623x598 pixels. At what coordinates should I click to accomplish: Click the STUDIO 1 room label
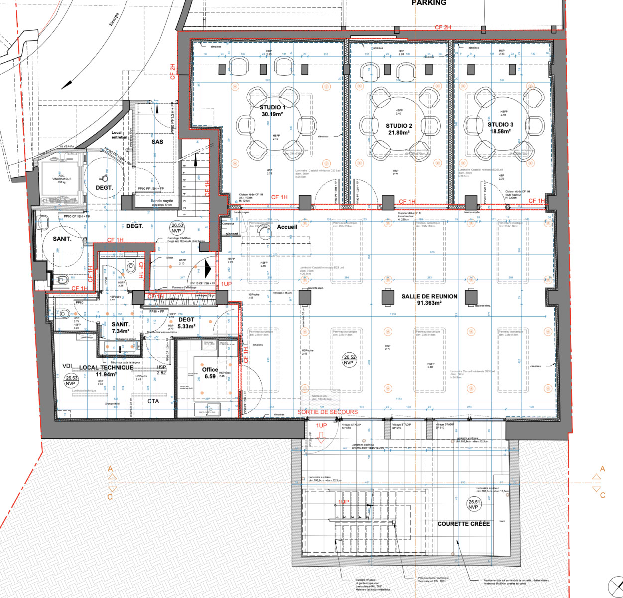(x=272, y=107)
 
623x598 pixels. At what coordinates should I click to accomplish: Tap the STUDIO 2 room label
(x=399, y=126)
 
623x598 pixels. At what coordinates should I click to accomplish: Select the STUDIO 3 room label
(x=500, y=125)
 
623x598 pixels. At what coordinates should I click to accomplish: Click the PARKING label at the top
(x=429, y=3)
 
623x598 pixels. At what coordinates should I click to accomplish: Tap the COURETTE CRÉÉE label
(x=463, y=524)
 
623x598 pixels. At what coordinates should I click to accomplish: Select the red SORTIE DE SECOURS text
(x=328, y=412)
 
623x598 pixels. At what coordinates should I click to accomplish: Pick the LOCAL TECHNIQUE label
(x=106, y=367)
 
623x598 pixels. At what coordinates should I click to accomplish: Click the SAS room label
(x=157, y=142)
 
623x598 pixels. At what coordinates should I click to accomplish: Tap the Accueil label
(x=287, y=227)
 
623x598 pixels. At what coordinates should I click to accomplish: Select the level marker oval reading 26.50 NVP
(x=177, y=228)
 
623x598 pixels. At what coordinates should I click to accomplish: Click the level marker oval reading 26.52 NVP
(x=349, y=360)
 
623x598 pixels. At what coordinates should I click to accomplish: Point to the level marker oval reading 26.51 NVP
(x=474, y=504)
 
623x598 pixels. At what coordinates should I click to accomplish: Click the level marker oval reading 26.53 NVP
(x=71, y=381)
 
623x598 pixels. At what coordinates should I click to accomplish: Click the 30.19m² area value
(x=272, y=114)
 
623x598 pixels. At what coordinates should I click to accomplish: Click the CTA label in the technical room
(x=153, y=401)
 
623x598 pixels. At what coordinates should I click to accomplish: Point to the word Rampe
(x=114, y=19)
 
